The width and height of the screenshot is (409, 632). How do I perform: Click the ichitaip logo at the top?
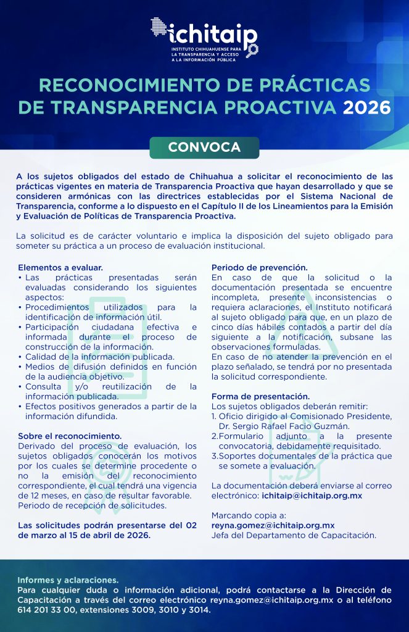click(204, 37)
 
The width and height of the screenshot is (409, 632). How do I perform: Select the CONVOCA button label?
click(204, 148)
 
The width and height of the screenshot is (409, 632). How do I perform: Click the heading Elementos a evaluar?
click(60, 268)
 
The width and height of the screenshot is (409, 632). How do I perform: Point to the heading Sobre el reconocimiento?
click(70, 436)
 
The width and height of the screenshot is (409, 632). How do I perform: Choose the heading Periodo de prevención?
click(259, 268)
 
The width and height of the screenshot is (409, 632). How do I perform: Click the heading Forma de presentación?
click(260, 396)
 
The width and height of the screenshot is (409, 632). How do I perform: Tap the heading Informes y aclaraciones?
click(67, 580)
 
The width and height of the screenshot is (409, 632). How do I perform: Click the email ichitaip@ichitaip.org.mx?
click(312, 496)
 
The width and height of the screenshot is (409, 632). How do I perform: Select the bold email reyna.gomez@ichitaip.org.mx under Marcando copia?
click(273, 525)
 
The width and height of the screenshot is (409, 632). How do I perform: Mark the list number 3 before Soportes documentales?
click(213, 456)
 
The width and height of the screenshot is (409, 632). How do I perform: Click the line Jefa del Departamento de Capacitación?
click(294, 535)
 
